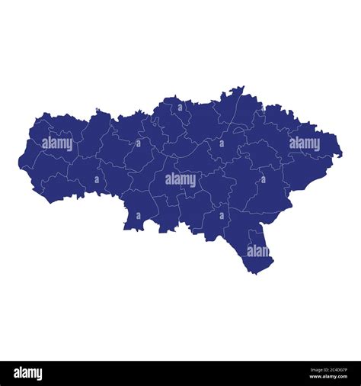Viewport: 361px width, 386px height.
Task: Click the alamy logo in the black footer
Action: click(28, 373)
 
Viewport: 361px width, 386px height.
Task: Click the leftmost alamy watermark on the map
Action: click(57, 143)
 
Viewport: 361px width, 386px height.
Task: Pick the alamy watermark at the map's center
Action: click(180, 180)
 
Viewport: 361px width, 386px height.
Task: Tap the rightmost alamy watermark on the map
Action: click(304, 143)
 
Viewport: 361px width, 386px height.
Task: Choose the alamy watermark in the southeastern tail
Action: click(258, 251)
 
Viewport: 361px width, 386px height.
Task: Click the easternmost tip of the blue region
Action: click(341, 155)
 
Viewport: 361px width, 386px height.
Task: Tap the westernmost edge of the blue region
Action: click(19, 161)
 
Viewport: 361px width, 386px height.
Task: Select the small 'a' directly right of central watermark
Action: click(264, 180)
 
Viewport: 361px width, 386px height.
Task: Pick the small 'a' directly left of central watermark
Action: click(97, 180)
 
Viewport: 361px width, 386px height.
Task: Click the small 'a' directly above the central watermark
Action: click(180, 108)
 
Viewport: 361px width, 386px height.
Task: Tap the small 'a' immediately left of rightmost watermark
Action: click(264, 143)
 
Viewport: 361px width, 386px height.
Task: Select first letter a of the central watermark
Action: click(168, 181)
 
